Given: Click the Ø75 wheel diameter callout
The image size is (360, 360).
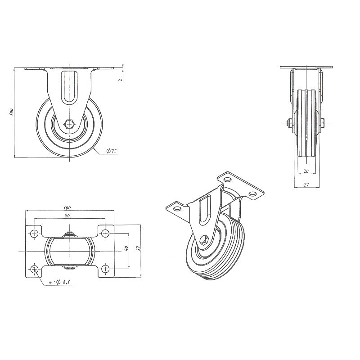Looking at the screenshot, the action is (112, 151).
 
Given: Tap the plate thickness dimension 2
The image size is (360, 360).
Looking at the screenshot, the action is (120, 80).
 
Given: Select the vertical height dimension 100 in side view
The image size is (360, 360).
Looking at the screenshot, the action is (12, 112).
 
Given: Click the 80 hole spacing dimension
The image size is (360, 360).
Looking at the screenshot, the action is (67, 216).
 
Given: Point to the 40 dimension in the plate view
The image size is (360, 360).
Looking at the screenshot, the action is (126, 248).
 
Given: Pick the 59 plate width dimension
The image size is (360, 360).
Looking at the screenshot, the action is (138, 248).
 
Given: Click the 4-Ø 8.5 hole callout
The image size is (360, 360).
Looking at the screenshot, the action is (59, 283).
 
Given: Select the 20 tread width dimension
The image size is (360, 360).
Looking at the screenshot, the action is (306, 171).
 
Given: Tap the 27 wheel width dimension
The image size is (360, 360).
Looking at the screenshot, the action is (306, 184).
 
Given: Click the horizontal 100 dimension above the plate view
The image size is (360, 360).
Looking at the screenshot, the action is (67, 208).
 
